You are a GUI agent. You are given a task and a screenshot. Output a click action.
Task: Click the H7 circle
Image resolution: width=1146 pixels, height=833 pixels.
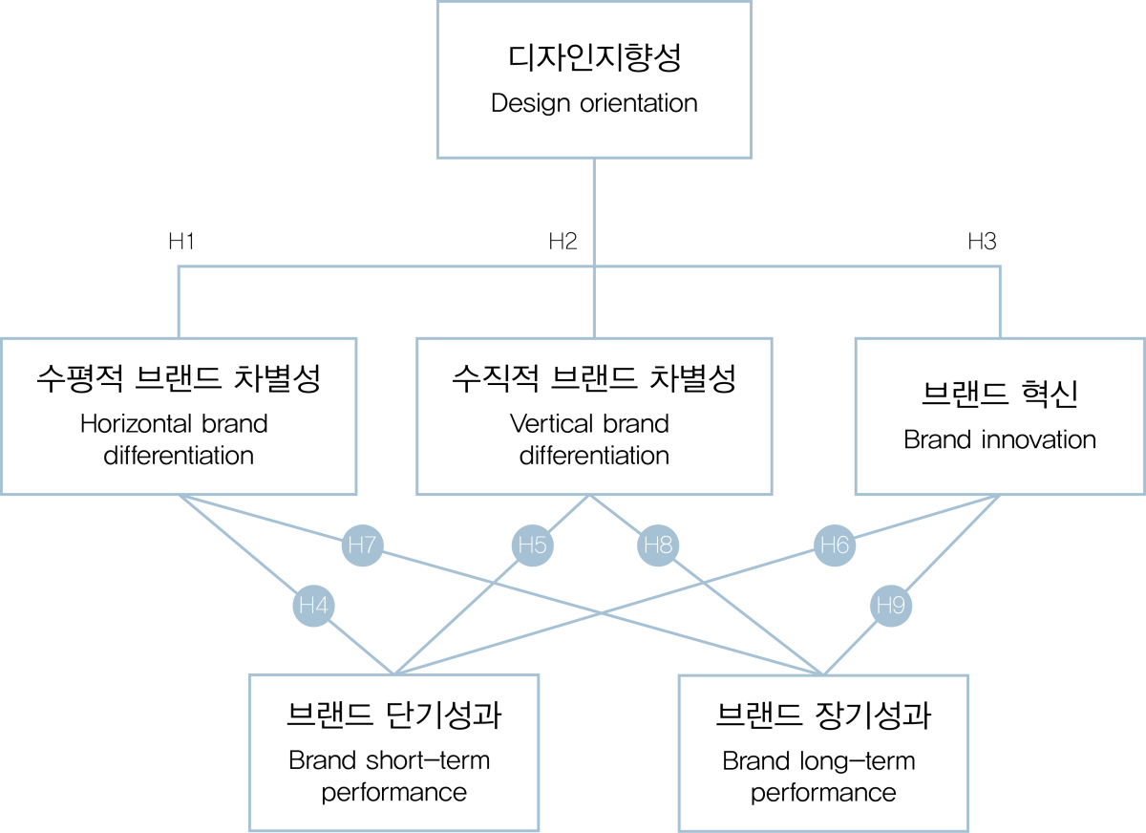pyautogui.click(x=362, y=545)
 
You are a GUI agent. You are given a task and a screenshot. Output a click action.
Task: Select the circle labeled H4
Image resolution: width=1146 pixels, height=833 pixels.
pyautogui.click(x=313, y=606)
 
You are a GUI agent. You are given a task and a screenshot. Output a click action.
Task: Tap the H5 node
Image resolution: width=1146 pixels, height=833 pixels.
pyautogui.click(x=532, y=545)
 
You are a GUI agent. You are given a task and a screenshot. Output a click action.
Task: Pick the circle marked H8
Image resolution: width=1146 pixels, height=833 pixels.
pyautogui.click(x=658, y=545)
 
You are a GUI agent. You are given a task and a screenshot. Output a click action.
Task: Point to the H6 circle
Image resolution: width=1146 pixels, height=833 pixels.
pyautogui.click(x=835, y=545)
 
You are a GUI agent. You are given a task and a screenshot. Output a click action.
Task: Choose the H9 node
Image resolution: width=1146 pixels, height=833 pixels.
pyautogui.click(x=890, y=606)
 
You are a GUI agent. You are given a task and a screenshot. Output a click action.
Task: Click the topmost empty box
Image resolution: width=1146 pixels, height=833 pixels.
pyautogui.click(x=594, y=80)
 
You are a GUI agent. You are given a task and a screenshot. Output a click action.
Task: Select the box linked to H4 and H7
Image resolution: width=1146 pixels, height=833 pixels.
pyautogui.click(x=180, y=416)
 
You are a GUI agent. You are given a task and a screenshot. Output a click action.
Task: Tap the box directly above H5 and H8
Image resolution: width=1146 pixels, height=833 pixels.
pyautogui.click(x=594, y=416)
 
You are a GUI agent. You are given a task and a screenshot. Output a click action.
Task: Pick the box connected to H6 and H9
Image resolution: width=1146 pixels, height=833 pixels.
pyautogui.click(x=999, y=416)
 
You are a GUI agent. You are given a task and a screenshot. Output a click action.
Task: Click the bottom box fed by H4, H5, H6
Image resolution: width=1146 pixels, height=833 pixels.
pyautogui.click(x=394, y=753)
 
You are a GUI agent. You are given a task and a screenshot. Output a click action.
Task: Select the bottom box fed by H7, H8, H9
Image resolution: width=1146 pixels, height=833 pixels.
pyautogui.click(x=823, y=753)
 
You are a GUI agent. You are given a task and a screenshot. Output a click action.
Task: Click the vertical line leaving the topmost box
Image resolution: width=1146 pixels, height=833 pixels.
pyautogui.click(x=594, y=210)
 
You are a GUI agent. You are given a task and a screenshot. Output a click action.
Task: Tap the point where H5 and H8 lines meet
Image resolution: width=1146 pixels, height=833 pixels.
pyautogui.click(x=590, y=497)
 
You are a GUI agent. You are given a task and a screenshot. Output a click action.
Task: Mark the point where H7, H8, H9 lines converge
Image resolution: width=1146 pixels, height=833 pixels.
pyautogui.click(x=823, y=673)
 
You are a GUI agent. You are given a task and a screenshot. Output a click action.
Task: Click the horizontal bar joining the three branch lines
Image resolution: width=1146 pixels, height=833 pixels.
pyautogui.click(x=382, y=267)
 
